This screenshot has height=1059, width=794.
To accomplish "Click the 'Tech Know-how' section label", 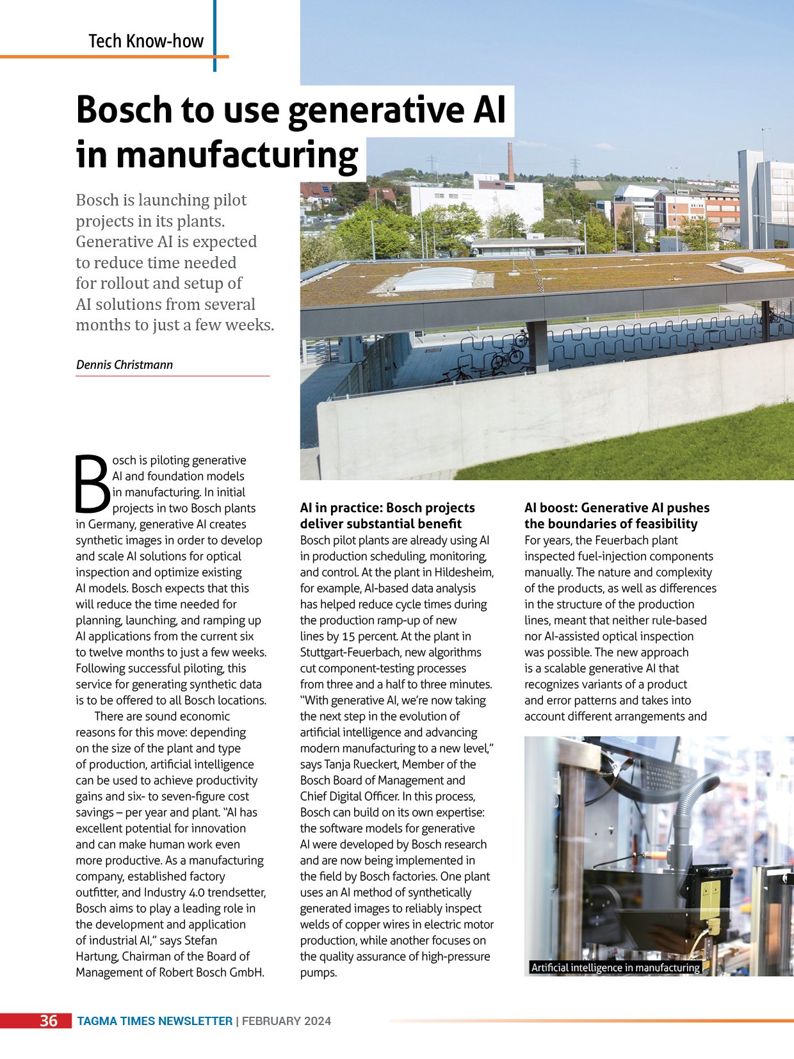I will [146, 41].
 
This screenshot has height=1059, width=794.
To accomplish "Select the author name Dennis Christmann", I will [124, 365].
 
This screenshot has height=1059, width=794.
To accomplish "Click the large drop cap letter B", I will [92, 483].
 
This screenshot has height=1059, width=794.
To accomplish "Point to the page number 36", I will [49, 1021].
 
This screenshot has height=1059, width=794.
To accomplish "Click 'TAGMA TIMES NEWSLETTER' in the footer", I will [154, 1021].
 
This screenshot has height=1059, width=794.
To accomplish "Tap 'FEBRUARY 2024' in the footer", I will [286, 1021].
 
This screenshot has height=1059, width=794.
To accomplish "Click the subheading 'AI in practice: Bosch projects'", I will [387, 508].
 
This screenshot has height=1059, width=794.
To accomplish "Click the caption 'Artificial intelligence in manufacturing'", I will [615, 967].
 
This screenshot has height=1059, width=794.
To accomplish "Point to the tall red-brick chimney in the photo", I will [510, 163].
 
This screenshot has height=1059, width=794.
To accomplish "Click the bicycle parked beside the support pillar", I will [507, 357].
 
